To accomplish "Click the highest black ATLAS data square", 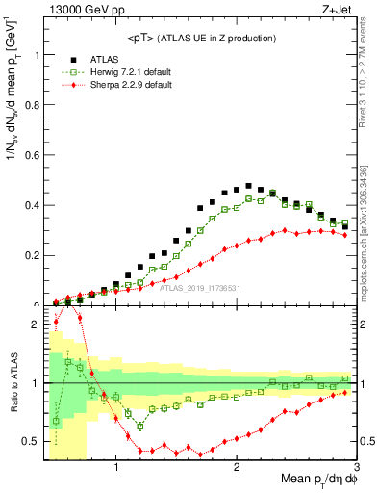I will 248,186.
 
